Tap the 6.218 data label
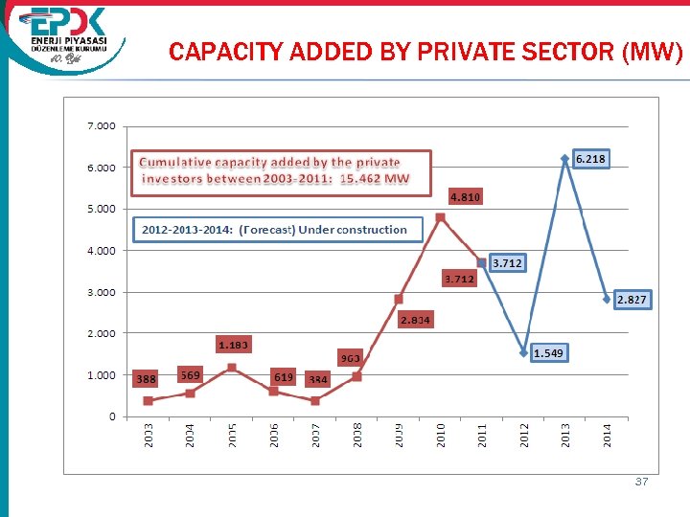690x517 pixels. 590,158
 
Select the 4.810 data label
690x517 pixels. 466,197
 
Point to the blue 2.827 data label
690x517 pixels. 632,300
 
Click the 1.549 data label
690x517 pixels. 548,353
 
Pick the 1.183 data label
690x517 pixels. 234,344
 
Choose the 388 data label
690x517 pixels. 146,379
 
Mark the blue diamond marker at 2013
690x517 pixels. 565,159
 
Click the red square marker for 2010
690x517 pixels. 441,217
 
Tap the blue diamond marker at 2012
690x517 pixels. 524,352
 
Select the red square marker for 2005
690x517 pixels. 232,368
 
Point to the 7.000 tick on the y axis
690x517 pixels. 101,126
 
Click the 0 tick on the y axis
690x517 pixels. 112,416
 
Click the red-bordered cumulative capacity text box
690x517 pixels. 281,171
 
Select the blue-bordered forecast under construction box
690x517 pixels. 274,230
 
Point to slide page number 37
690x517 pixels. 641,482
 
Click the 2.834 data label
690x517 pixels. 415,319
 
